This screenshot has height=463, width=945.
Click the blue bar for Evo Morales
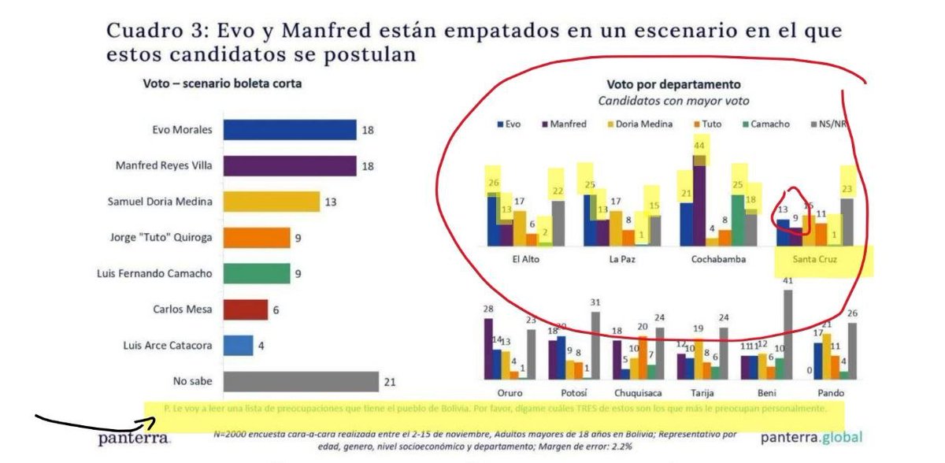click(x=290, y=130)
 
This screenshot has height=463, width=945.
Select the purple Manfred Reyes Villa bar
click(x=290, y=165)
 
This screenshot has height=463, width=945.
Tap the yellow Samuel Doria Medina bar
click(x=272, y=202)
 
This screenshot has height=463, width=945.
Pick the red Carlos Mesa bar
click(x=246, y=309)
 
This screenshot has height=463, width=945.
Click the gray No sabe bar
click(x=301, y=382)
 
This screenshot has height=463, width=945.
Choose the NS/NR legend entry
click(x=834, y=124)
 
